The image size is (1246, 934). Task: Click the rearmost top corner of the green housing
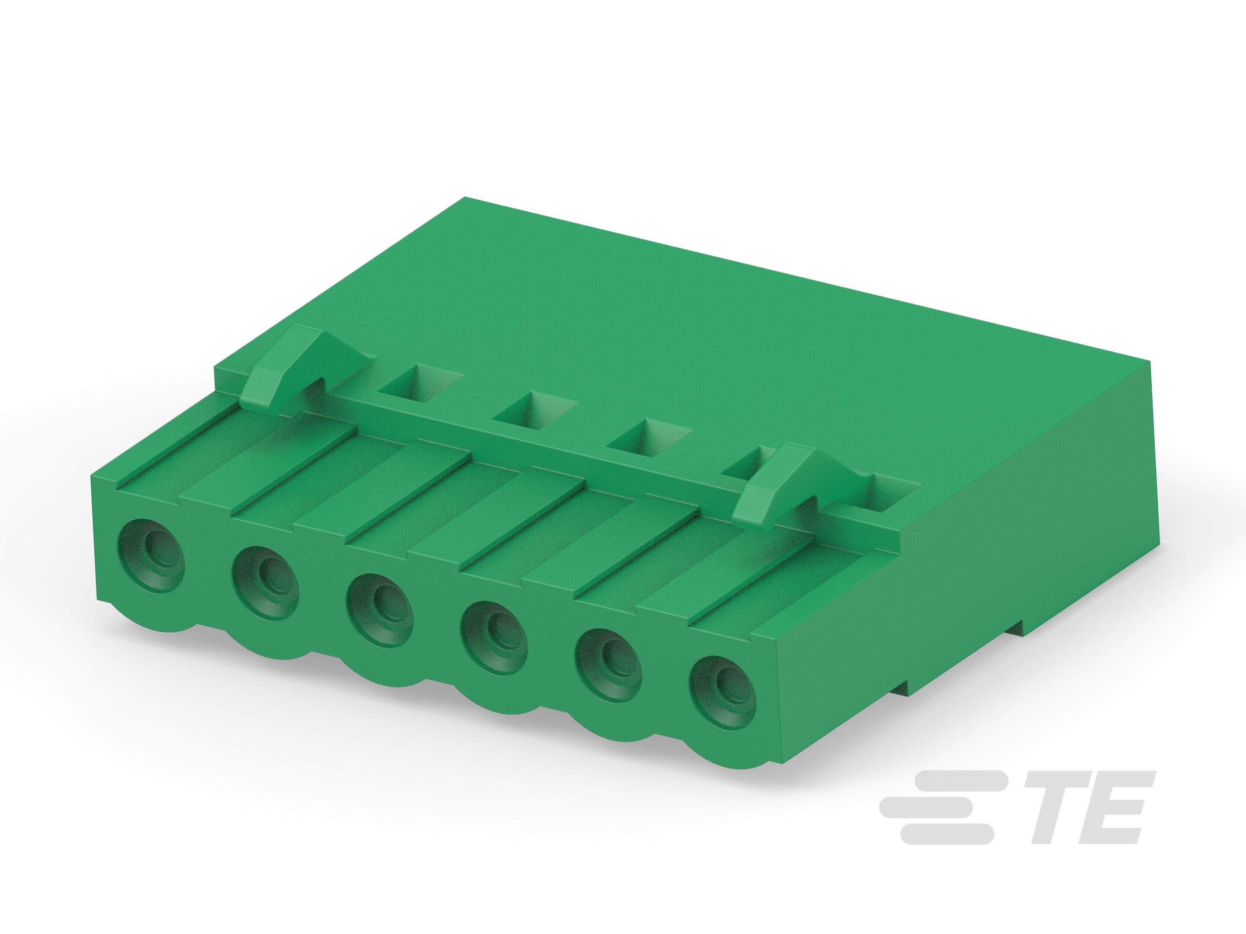[x=465, y=198]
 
